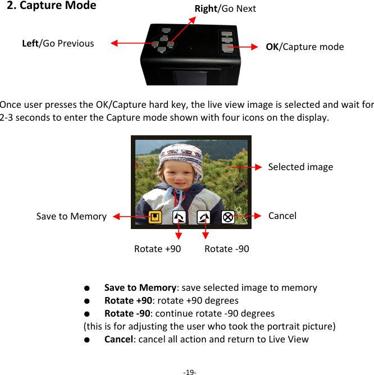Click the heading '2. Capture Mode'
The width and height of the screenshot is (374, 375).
(51, 6)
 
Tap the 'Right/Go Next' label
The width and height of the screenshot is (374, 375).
(225, 8)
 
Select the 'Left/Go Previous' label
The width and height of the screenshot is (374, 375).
(58, 43)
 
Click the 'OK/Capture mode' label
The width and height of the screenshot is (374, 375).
(304, 47)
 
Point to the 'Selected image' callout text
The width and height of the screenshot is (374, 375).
(300, 167)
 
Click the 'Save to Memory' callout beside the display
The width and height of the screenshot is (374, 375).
(71, 216)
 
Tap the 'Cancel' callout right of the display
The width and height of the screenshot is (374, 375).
(282, 216)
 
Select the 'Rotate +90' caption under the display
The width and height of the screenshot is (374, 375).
(157, 249)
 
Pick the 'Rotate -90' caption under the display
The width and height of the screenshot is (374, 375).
(227, 249)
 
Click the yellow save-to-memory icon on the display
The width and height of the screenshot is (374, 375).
(155, 217)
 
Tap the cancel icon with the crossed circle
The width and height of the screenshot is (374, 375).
(227, 217)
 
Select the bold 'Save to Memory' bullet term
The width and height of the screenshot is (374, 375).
(140, 287)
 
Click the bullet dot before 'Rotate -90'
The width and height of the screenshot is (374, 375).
(88, 313)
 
